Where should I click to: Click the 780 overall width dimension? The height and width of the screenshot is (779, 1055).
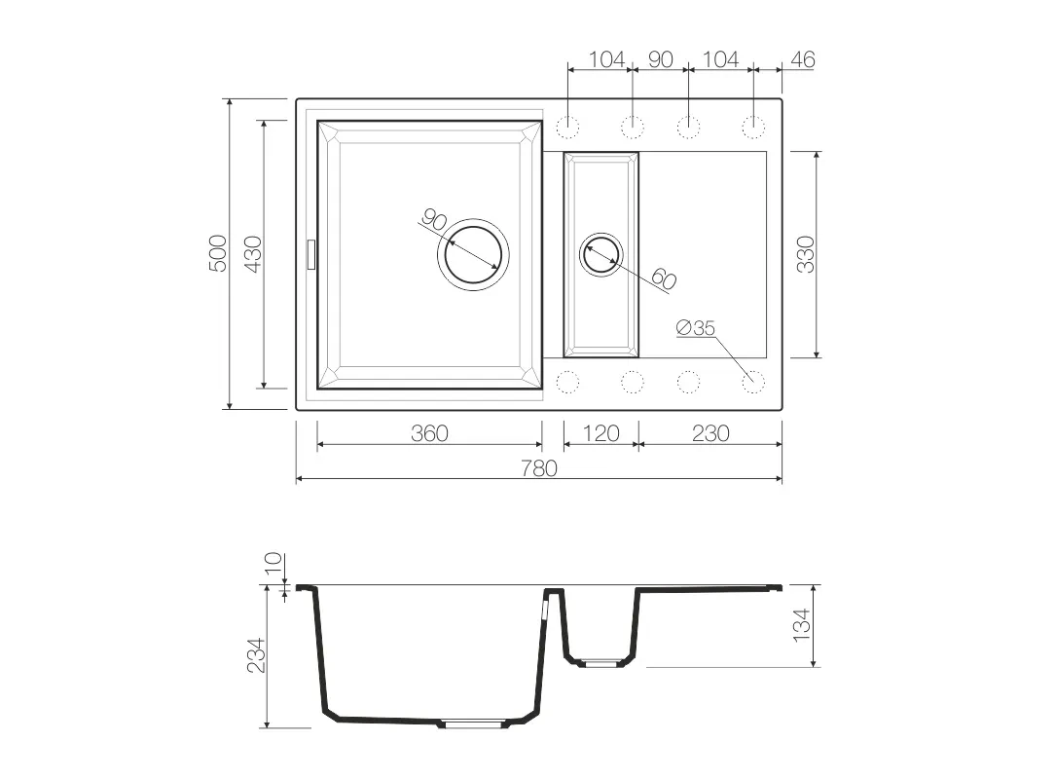pyautogui.click(x=539, y=468)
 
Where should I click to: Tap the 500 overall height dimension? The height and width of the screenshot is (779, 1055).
pyautogui.click(x=218, y=253)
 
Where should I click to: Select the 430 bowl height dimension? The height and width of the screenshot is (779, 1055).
pyautogui.click(x=252, y=254)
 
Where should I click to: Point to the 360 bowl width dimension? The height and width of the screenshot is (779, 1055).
pyautogui.click(x=429, y=433)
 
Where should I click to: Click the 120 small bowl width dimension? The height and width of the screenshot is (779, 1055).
pyautogui.click(x=600, y=433)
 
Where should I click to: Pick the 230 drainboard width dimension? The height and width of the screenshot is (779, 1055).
pyautogui.click(x=710, y=433)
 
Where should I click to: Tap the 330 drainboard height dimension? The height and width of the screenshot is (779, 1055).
pyautogui.click(x=806, y=254)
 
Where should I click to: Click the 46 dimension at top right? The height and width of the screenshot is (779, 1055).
pyautogui.click(x=803, y=60)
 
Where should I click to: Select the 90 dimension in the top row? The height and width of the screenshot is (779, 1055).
pyautogui.click(x=660, y=60)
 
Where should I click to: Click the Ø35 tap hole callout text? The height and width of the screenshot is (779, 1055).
pyautogui.click(x=695, y=328)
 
